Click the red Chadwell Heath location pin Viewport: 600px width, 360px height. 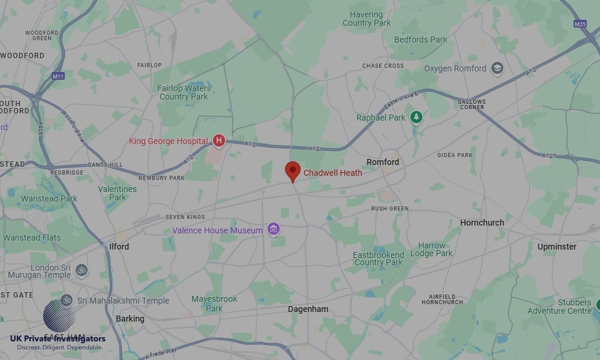coord(292,171)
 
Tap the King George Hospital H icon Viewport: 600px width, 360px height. coord(219,141)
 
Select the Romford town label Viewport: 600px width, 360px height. coord(383,162)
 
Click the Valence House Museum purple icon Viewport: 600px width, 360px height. coord(274,229)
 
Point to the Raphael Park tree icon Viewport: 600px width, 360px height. coord(416,118)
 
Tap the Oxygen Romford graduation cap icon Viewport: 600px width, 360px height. coord(497,68)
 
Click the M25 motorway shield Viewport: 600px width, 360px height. coord(580,24)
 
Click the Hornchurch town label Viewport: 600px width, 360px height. coord(482,223)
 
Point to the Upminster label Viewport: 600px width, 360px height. coord(557,247)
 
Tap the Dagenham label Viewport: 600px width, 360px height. coord(308,310)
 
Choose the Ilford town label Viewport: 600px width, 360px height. coord(119,247)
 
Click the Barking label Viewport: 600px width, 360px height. coord(130,319)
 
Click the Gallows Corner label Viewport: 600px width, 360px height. coord(471,104)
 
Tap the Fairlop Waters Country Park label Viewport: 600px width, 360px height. coord(184,92)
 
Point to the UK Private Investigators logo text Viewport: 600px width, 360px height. coord(58,340)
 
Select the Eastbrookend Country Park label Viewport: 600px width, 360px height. coord(378,259)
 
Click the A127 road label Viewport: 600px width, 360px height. coord(548,156)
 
